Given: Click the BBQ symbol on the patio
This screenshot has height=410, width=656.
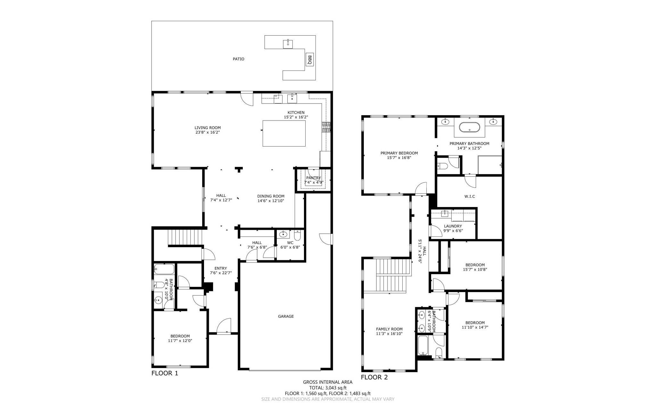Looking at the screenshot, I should (x=309, y=60).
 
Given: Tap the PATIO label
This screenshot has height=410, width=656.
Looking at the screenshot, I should (x=238, y=59).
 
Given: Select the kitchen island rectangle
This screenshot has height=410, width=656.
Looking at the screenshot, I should (x=284, y=133).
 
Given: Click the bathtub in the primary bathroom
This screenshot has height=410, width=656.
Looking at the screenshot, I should (x=469, y=127).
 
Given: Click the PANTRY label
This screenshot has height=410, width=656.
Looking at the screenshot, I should (x=313, y=178).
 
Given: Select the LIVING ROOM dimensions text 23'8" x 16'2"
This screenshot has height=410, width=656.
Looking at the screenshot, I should (x=208, y=132).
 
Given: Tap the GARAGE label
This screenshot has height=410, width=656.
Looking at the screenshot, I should (x=286, y=316).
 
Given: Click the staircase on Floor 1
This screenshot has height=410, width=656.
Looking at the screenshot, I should (x=185, y=237).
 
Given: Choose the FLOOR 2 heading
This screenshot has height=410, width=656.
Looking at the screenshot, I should (x=374, y=377).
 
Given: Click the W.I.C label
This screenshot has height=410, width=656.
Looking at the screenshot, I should (x=470, y=197).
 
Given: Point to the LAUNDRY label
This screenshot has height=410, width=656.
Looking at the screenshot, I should (x=453, y=226).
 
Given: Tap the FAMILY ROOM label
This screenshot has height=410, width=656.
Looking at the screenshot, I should (x=389, y=329).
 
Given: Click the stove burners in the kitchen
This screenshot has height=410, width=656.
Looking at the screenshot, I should (x=326, y=127).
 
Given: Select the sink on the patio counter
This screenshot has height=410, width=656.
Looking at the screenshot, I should (x=288, y=44).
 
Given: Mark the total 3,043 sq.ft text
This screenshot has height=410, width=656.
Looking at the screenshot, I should (x=328, y=388).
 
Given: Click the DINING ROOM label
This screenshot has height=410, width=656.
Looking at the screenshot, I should (x=271, y=196).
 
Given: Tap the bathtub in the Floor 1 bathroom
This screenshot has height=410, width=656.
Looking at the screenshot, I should (x=164, y=269).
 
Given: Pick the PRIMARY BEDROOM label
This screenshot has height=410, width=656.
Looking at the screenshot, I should (x=399, y=153).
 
